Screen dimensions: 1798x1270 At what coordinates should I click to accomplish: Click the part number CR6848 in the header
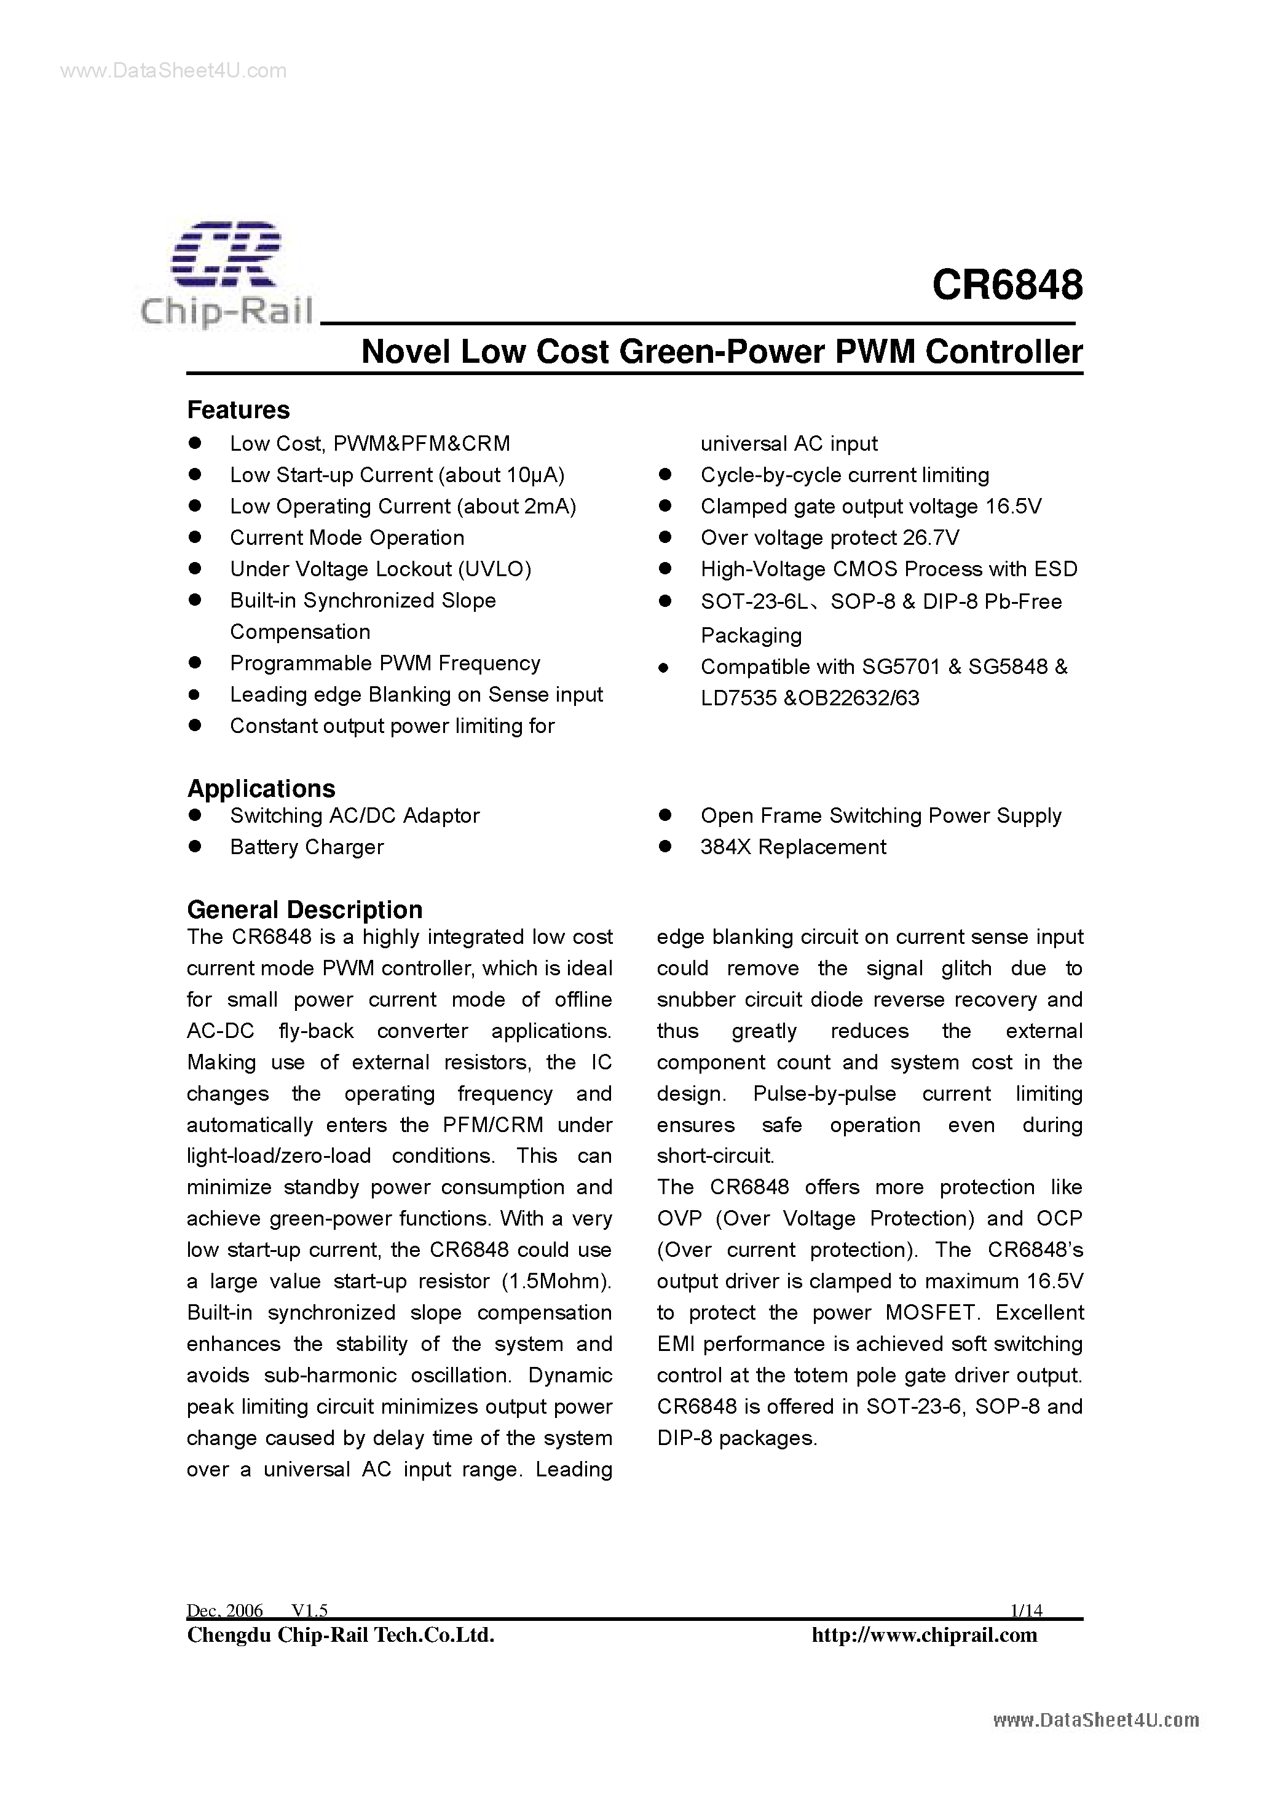(x=1007, y=285)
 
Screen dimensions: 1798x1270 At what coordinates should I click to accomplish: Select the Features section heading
(x=238, y=410)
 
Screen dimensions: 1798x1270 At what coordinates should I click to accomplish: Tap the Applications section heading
(x=261, y=788)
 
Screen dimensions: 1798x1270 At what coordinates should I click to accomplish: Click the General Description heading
(x=304, y=910)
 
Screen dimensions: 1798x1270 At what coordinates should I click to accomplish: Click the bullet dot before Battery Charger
(x=195, y=847)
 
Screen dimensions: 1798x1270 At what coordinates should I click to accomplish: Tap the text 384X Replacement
(x=793, y=847)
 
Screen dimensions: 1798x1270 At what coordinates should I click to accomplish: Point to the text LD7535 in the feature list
(x=738, y=699)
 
